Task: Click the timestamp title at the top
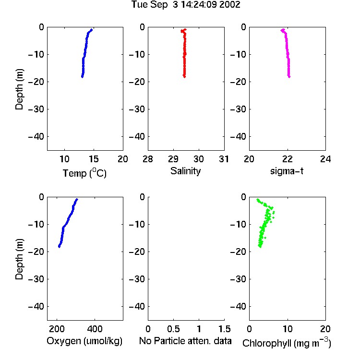click(x=185, y=5)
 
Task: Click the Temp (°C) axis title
click(x=84, y=173)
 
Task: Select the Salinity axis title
click(x=185, y=171)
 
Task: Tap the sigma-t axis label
click(x=287, y=171)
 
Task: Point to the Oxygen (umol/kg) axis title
click(x=84, y=341)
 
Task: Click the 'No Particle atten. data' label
click(x=185, y=341)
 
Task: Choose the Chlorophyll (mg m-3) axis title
click(x=287, y=343)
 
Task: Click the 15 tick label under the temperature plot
click(x=94, y=159)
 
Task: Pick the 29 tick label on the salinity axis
click(x=173, y=159)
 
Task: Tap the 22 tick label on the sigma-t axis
click(x=287, y=159)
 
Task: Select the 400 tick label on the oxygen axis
click(x=95, y=329)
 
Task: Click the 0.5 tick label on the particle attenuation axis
click(x=173, y=329)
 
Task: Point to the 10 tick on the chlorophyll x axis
click(x=287, y=329)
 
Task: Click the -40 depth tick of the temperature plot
click(x=36, y=137)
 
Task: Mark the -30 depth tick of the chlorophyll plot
click(x=238, y=279)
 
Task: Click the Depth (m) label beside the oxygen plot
click(x=19, y=259)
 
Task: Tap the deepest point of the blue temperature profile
click(x=82, y=77)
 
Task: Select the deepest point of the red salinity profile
click(x=184, y=77)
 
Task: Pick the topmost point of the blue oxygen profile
click(x=77, y=199)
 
